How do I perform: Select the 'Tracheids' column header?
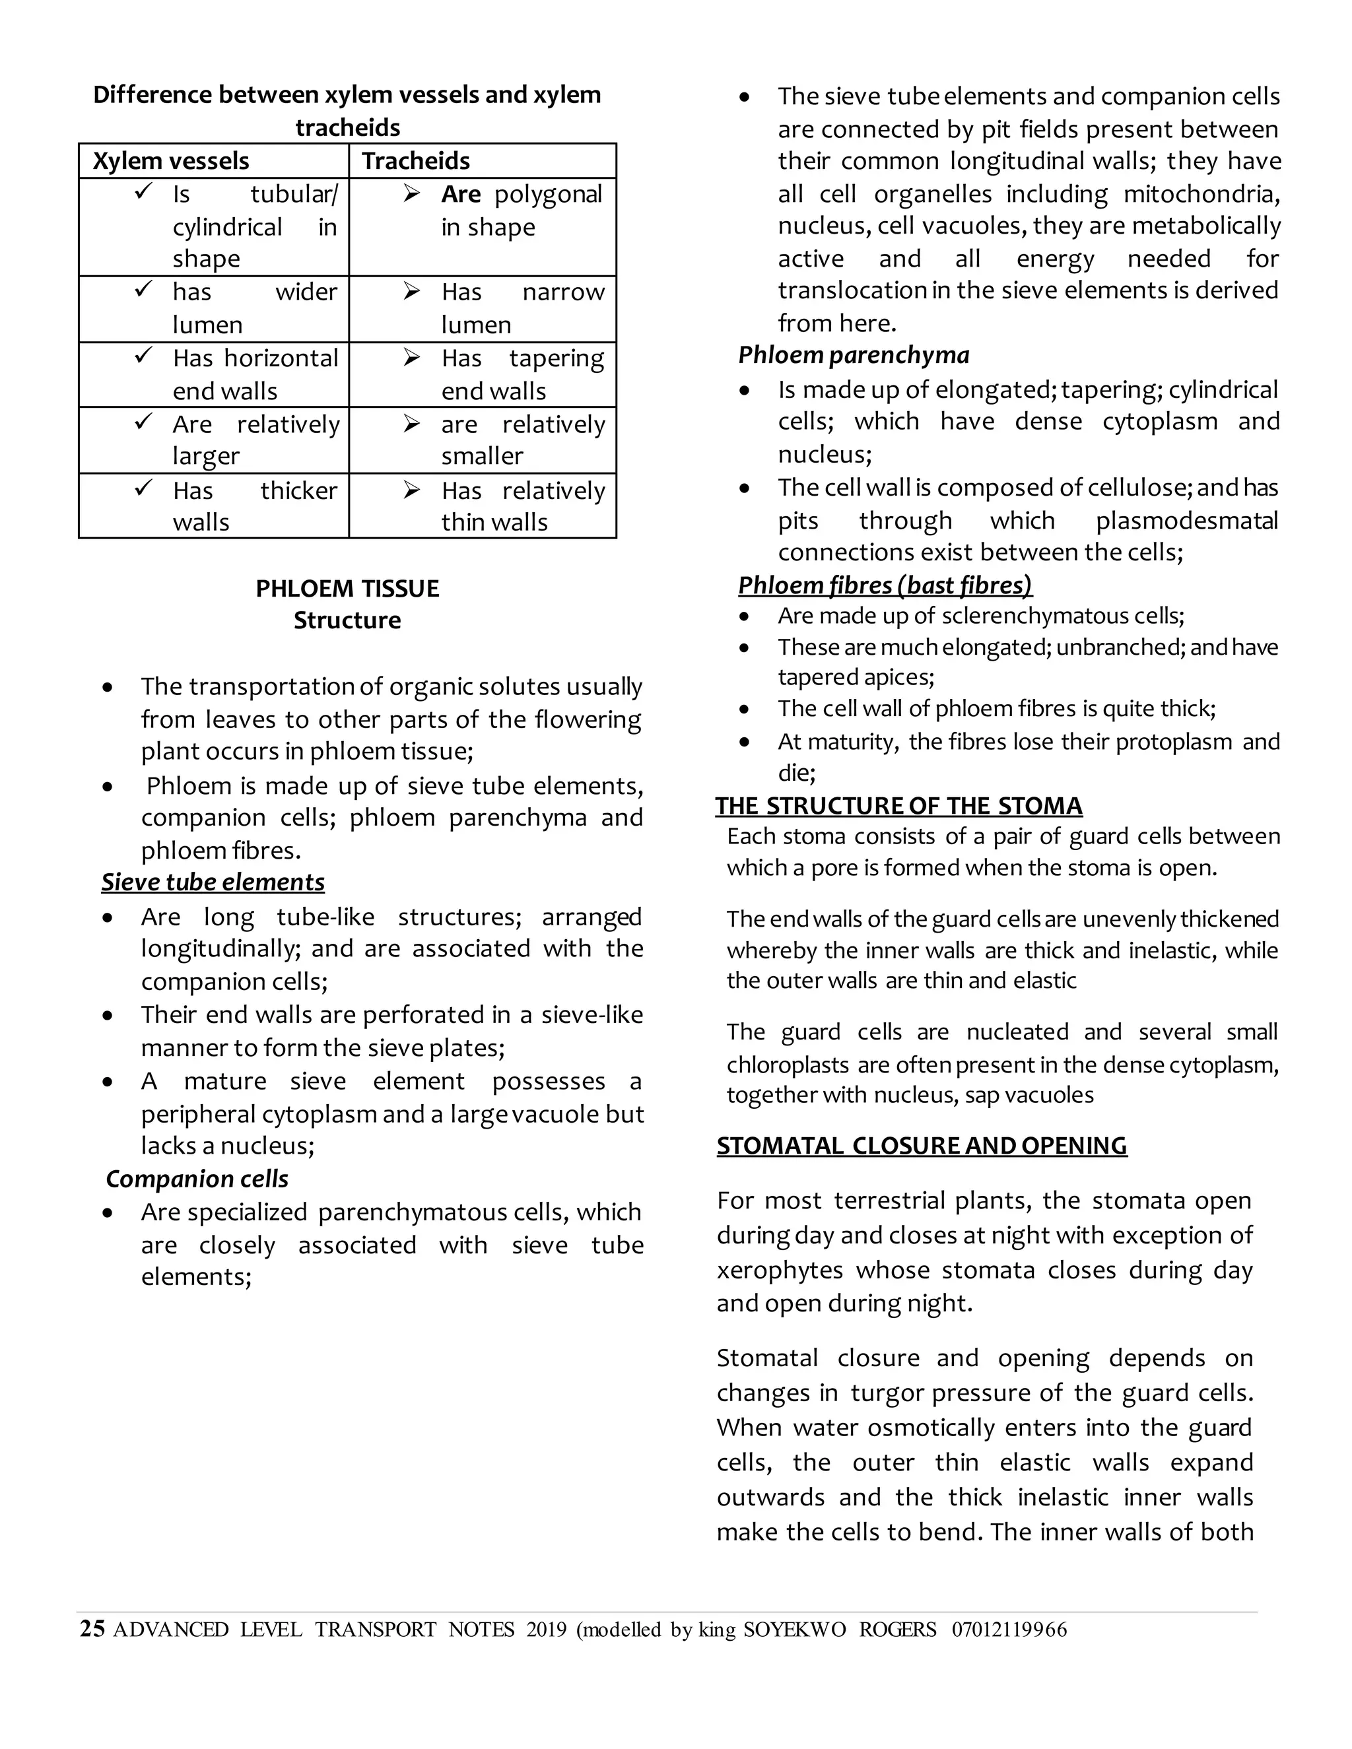point(416,161)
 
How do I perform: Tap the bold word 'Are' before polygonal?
point(461,195)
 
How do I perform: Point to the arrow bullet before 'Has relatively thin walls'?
point(412,489)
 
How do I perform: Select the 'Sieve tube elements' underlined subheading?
point(213,882)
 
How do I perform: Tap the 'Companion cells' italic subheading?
point(197,1179)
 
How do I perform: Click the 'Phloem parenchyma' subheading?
point(853,355)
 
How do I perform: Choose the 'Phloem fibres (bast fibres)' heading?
point(885,585)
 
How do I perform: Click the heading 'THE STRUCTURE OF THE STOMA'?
point(898,806)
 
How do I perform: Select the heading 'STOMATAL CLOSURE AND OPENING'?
point(921,1146)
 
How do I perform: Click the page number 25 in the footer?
point(92,1629)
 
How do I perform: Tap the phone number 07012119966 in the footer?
point(1009,1630)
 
